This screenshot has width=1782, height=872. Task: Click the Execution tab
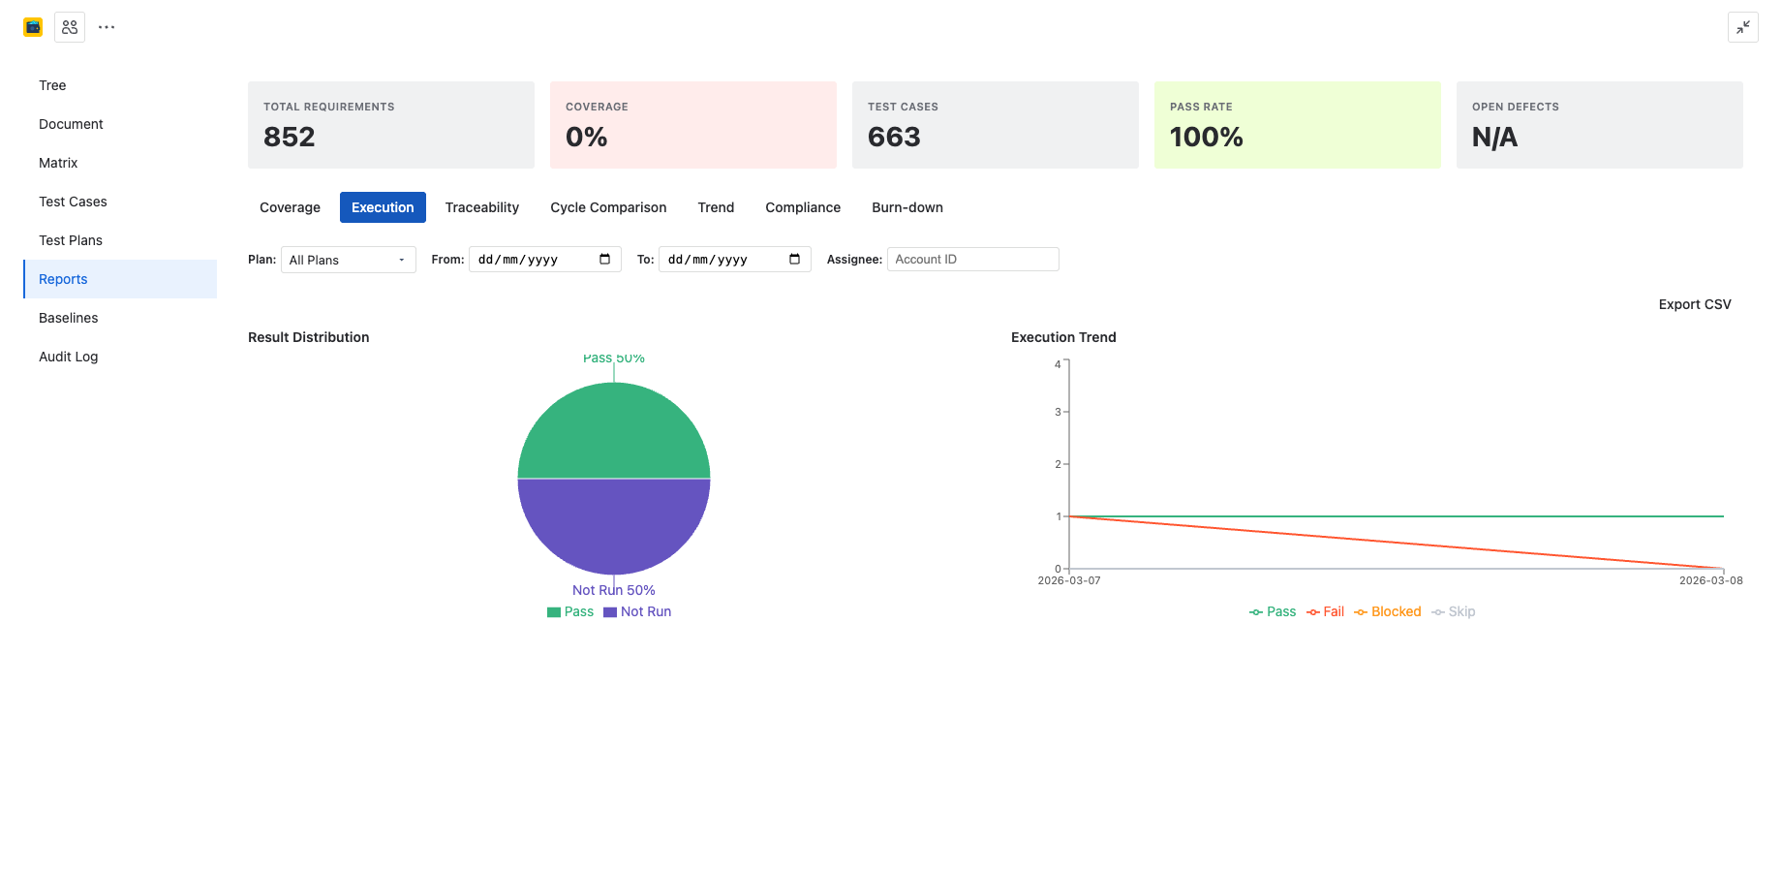point(383,207)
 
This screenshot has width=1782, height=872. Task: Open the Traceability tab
point(481,207)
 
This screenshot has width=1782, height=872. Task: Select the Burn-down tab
point(906,207)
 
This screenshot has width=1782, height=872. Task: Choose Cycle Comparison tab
point(608,207)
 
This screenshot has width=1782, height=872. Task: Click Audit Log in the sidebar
point(68,357)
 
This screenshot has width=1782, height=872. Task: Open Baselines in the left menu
point(68,318)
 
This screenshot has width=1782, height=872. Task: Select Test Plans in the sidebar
point(71,240)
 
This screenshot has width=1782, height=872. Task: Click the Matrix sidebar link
point(58,163)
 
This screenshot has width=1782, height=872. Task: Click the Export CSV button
point(1694,304)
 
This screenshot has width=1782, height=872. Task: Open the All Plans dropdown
point(348,260)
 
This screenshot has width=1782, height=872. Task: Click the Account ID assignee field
point(972,260)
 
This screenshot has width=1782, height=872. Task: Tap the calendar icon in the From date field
point(604,259)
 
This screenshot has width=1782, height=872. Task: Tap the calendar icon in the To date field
point(794,259)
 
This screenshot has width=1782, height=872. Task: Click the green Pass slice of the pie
point(614,431)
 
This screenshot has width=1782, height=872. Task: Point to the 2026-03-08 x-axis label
point(1710,580)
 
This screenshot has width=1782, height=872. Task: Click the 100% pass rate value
point(1206,137)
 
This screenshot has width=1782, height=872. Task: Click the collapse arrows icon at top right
point(1742,27)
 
